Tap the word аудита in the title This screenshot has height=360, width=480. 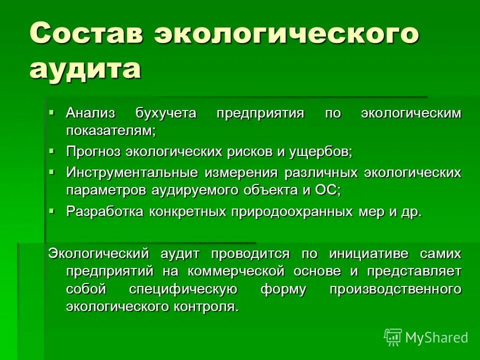85,68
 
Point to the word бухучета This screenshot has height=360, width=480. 165,112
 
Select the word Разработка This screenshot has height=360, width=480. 105,211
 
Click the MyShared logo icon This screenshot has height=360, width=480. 393,337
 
